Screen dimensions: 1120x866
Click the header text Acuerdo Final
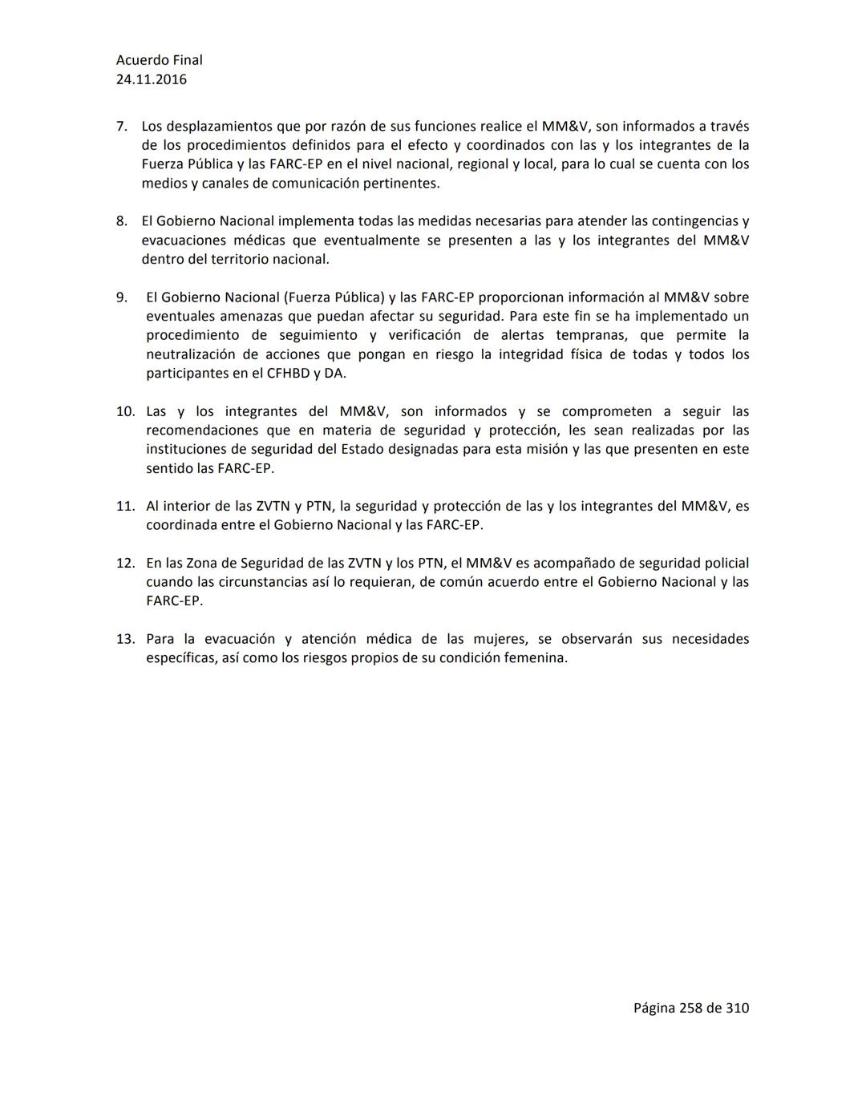click(159, 60)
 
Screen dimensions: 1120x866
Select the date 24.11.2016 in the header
click(151, 79)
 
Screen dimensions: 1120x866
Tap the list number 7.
click(121, 127)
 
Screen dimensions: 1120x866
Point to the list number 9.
click(121, 297)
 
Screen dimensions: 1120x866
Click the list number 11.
click(125, 507)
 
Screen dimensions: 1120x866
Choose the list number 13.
click(125, 640)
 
